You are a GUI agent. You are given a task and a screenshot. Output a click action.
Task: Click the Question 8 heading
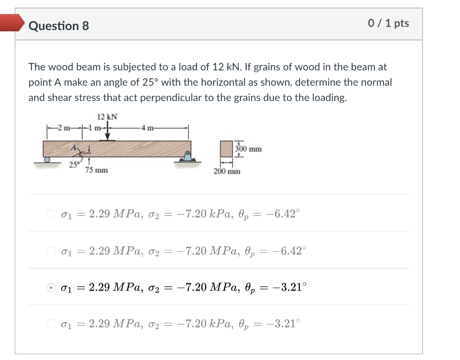(x=58, y=26)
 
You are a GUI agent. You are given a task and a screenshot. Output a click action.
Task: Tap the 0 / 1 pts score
(x=388, y=24)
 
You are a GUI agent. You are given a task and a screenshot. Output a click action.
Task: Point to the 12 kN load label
(x=107, y=117)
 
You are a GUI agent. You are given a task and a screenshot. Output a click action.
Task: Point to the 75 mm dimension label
(x=97, y=170)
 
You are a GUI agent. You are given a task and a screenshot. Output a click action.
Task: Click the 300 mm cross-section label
(x=248, y=149)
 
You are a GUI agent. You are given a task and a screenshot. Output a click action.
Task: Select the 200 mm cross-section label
(x=227, y=171)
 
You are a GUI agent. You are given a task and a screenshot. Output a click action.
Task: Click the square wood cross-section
(x=226, y=148)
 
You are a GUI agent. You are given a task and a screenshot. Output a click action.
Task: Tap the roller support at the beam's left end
(x=46, y=159)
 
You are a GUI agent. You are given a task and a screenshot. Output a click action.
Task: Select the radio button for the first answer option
(x=52, y=213)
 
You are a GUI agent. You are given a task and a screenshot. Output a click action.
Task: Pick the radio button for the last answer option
(x=52, y=324)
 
